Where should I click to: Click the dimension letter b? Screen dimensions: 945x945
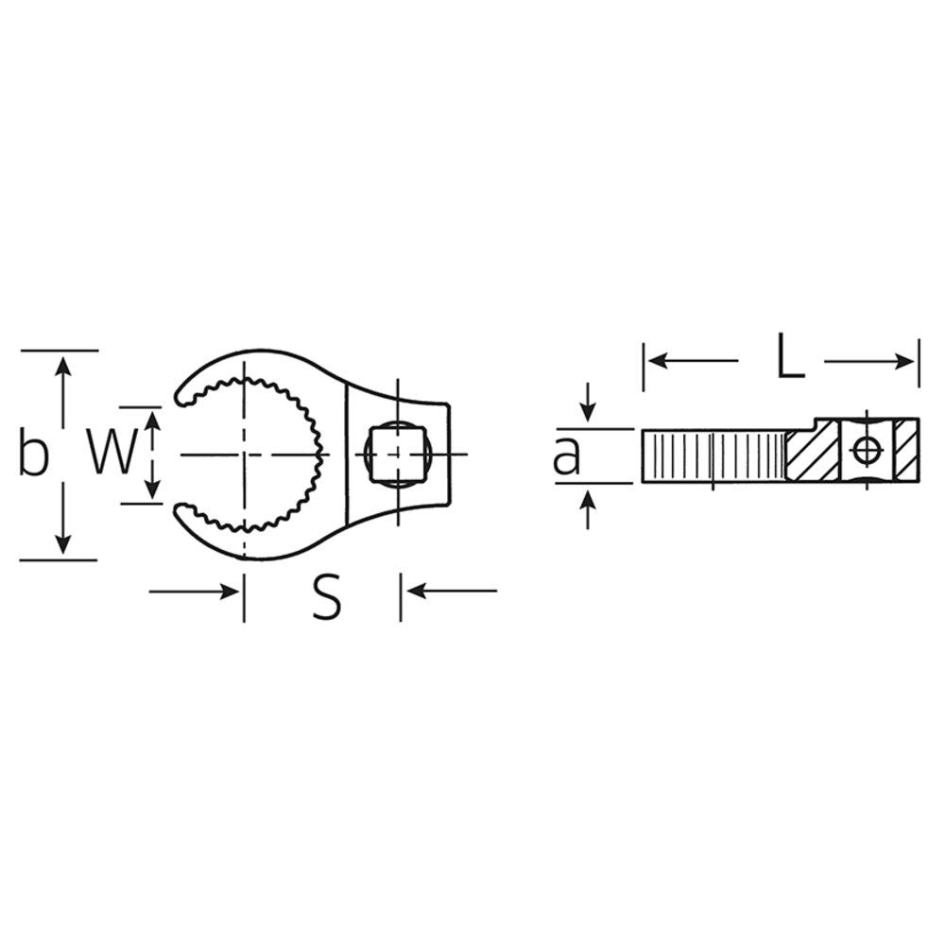point(33,455)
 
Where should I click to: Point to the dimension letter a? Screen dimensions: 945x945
point(567,456)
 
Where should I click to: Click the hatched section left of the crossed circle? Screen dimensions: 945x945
point(813,453)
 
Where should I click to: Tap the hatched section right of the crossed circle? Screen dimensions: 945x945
point(906,451)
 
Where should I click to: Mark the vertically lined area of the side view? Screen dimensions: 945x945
point(713,455)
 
